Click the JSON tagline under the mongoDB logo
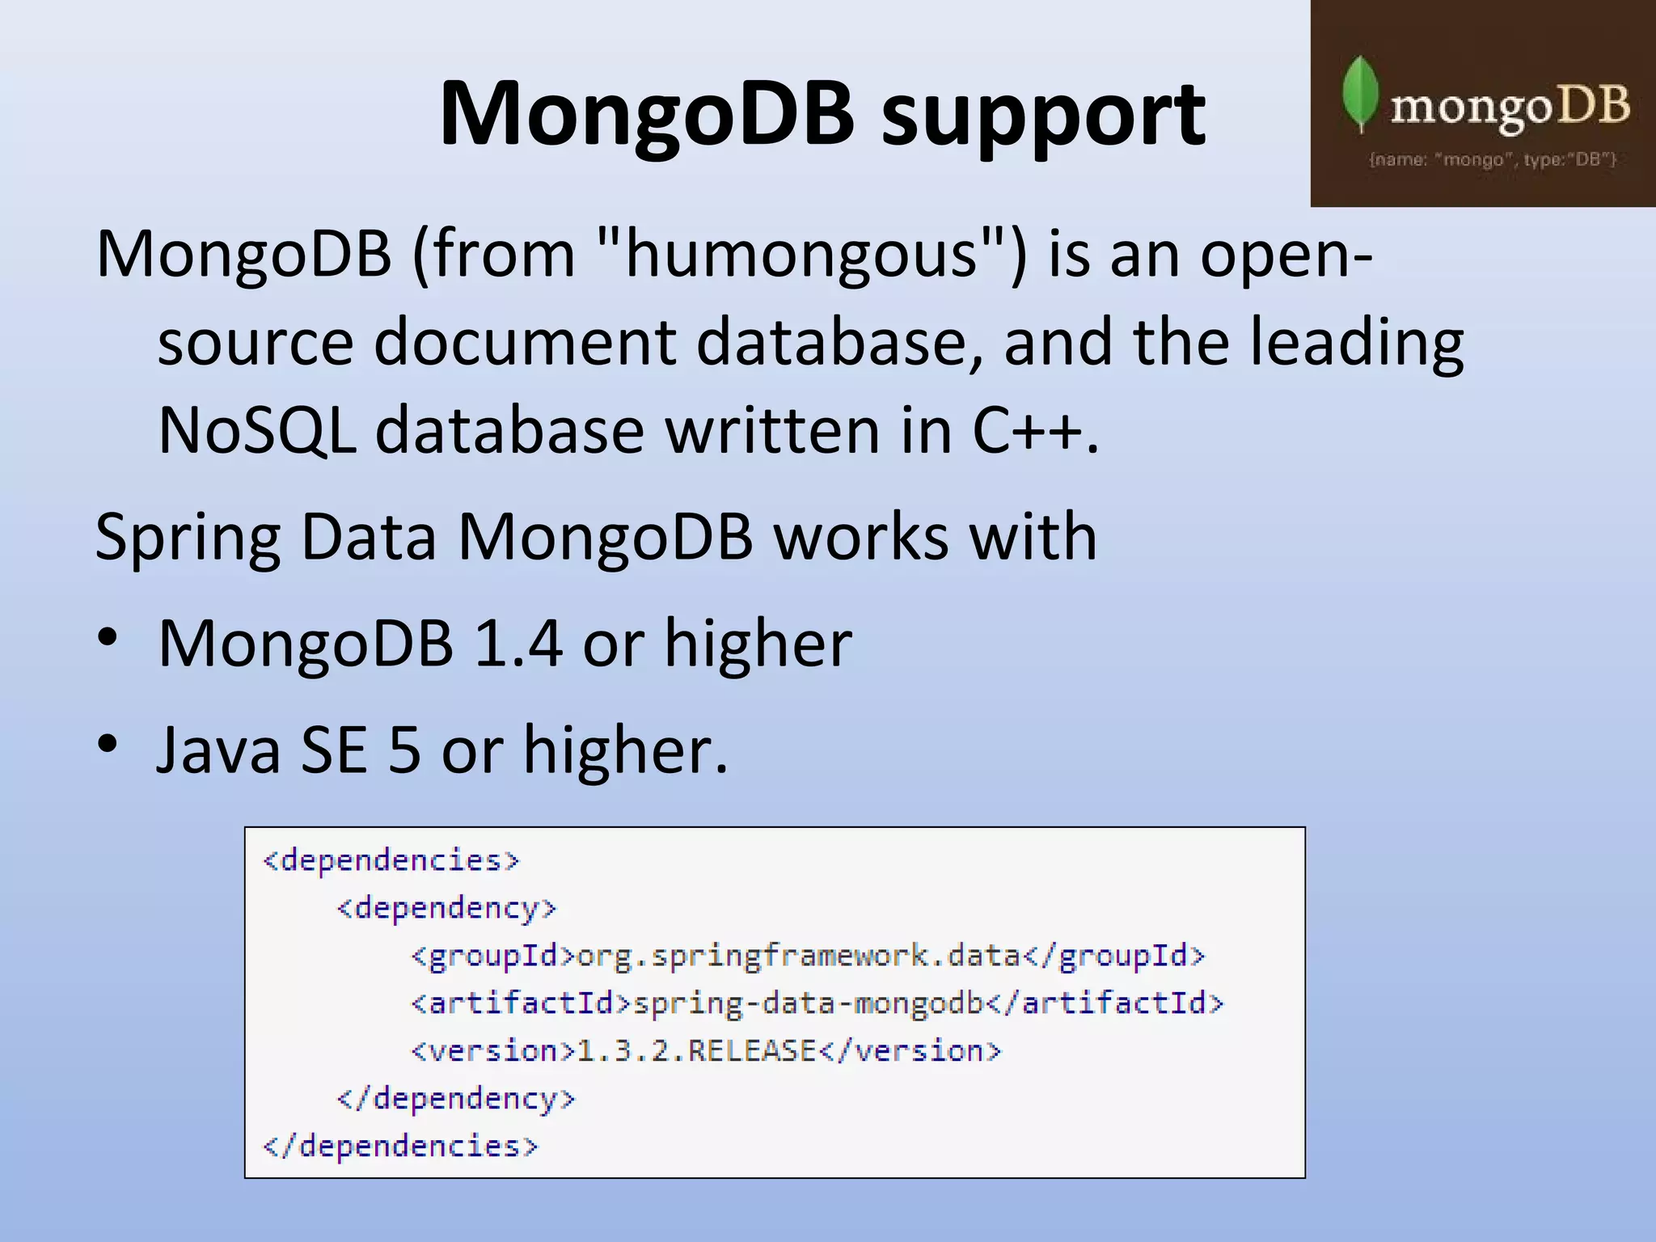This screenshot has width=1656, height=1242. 1492,159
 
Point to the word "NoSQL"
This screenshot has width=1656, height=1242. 257,430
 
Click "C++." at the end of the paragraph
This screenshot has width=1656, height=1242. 1035,430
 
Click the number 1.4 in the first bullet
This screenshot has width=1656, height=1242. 517,644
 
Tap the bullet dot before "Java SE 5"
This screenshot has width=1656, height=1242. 108,742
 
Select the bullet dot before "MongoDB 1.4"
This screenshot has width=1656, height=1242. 108,636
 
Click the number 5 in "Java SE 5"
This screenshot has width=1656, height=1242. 404,750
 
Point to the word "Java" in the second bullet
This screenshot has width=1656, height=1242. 218,750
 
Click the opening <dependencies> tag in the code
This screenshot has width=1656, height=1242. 391,860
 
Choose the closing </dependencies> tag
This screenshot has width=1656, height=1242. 400,1147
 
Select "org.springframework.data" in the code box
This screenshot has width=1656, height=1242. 798,957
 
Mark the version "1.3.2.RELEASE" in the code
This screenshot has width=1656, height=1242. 696,1051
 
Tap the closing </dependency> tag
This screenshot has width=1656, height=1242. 455,1099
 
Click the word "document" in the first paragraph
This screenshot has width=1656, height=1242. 524,342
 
